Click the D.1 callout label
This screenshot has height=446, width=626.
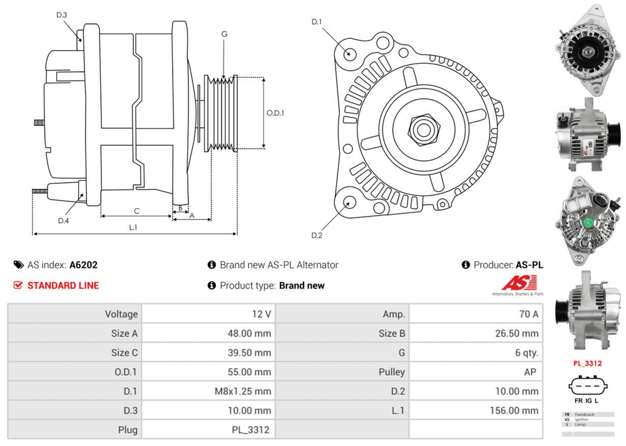tap(317, 23)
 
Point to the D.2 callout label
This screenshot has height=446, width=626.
tap(317, 235)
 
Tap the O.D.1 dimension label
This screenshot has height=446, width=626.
tap(275, 113)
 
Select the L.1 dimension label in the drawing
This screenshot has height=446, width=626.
tap(133, 227)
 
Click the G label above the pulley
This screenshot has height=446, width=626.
tap(224, 34)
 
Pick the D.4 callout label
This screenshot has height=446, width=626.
tap(63, 220)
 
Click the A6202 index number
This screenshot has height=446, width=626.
tap(83, 265)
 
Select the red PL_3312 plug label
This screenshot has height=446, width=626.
tap(587, 363)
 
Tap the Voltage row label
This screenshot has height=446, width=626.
tap(121, 314)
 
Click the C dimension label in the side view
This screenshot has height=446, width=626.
tap(136, 210)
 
